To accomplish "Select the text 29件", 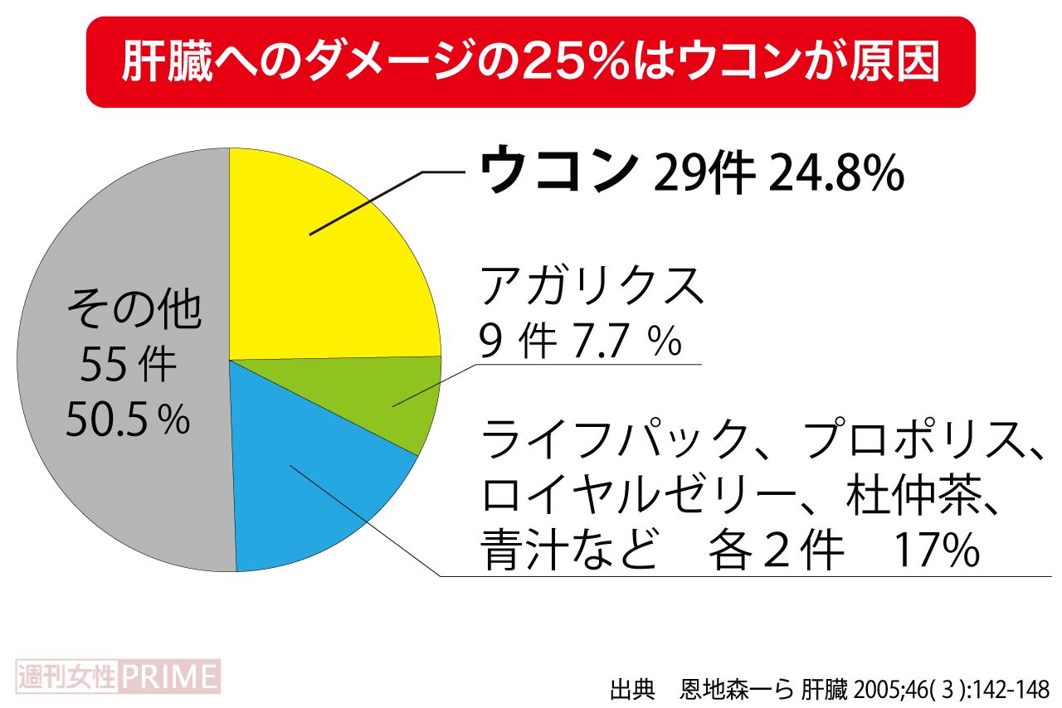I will [704, 174].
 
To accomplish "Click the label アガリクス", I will [592, 287].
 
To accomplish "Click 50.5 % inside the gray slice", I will [129, 421].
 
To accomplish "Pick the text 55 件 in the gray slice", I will [129, 366].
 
